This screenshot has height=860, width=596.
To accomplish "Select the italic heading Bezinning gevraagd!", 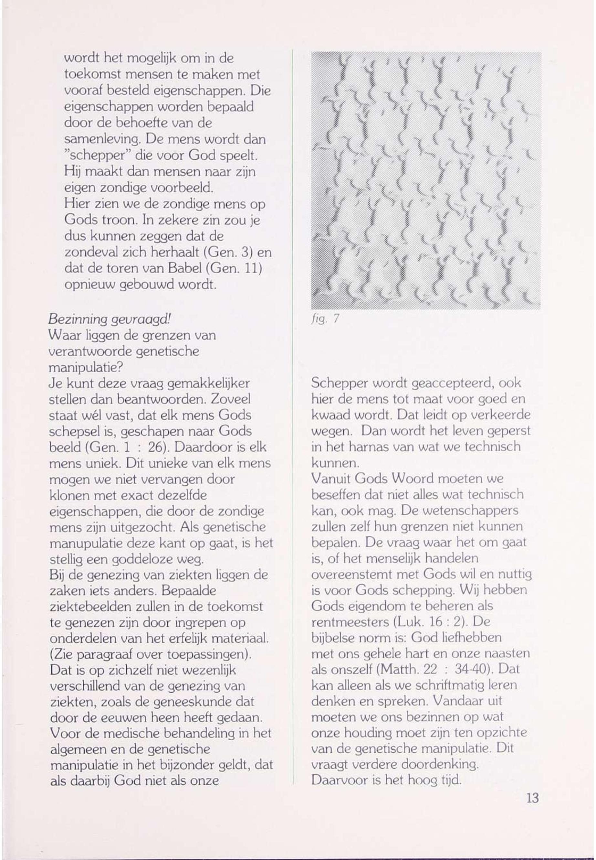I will (110, 319).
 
